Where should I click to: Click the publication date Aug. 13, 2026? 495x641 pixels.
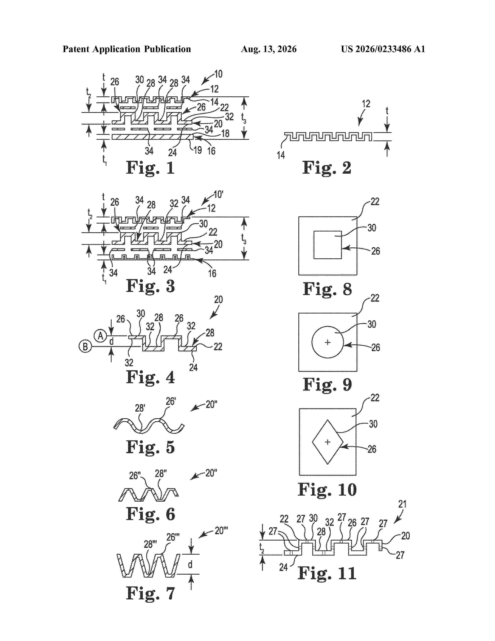click(269, 49)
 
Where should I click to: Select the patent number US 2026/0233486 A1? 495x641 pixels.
click(383, 49)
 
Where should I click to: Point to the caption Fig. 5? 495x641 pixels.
click(150, 447)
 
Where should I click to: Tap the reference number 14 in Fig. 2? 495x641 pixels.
click(281, 155)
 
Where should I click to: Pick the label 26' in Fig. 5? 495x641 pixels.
click(171, 401)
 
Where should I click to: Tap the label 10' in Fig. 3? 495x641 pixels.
click(218, 194)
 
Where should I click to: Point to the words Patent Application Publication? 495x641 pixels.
click(127, 49)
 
